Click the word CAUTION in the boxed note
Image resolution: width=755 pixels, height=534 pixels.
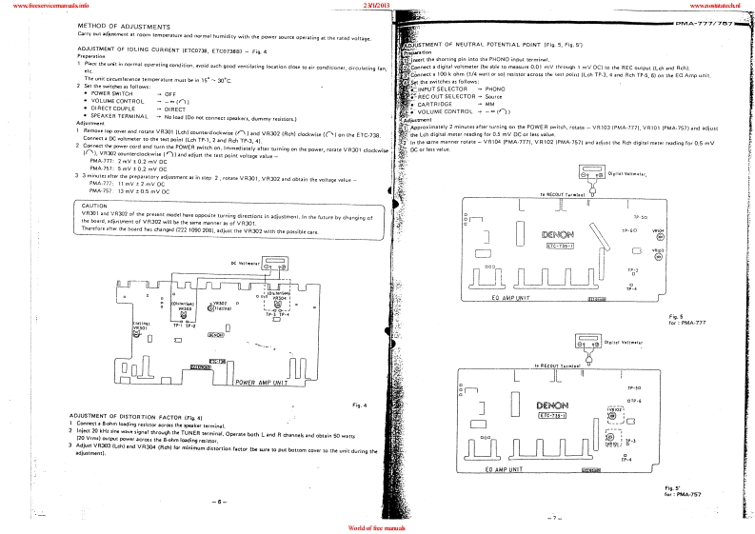click(x=93, y=205)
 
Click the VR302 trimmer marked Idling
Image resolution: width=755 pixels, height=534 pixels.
click(x=218, y=308)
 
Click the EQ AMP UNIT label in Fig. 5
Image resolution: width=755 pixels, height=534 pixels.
click(x=521, y=299)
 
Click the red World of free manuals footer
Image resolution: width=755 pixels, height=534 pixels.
click(x=378, y=527)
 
